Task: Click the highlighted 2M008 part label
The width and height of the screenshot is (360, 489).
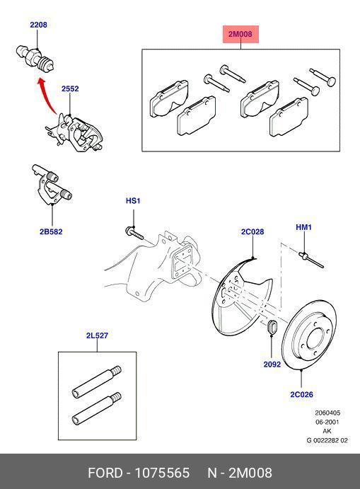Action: (x=240, y=34)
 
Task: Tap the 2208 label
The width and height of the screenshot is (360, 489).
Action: (x=38, y=25)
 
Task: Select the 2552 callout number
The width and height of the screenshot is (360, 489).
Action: (x=69, y=89)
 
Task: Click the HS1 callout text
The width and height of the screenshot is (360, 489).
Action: (x=133, y=201)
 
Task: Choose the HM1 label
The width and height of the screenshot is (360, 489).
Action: (x=303, y=227)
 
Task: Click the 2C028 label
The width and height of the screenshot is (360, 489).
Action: (x=252, y=231)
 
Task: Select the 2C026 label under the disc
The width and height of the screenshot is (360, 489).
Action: (x=302, y=394)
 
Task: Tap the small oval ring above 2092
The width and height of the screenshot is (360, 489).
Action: (x=272, y=328)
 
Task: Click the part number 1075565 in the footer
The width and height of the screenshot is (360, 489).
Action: (x=163, y=473)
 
